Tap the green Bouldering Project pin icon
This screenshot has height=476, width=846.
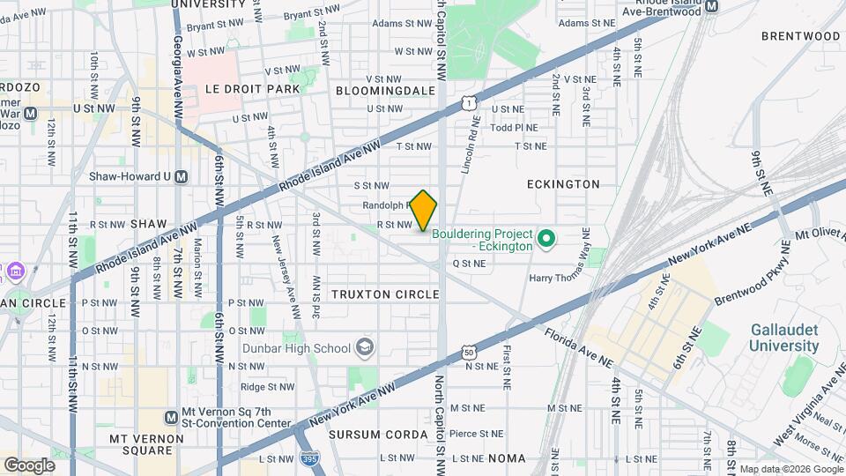pyautogui.click(x=545, y=238)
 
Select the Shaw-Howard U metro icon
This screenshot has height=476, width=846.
pyautogui.click(x=182, y=176)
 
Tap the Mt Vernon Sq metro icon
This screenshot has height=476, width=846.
pyautogui.click(x=171, y=416)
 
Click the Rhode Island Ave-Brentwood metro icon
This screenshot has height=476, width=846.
pyautogui.click(x=712, y=5)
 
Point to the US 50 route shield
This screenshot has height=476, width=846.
pyautogui.click(x=469, y=353)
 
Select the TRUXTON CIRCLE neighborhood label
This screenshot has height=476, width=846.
pyautogui.click(x=385, y=294)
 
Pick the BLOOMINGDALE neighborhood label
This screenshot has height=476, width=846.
pyautogui.click(x=385, y=90)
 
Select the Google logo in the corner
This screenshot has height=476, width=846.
pyautogui.click(x=29, y=465)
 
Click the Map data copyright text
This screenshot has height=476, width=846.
pyautogui.click(x=790, y=470)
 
